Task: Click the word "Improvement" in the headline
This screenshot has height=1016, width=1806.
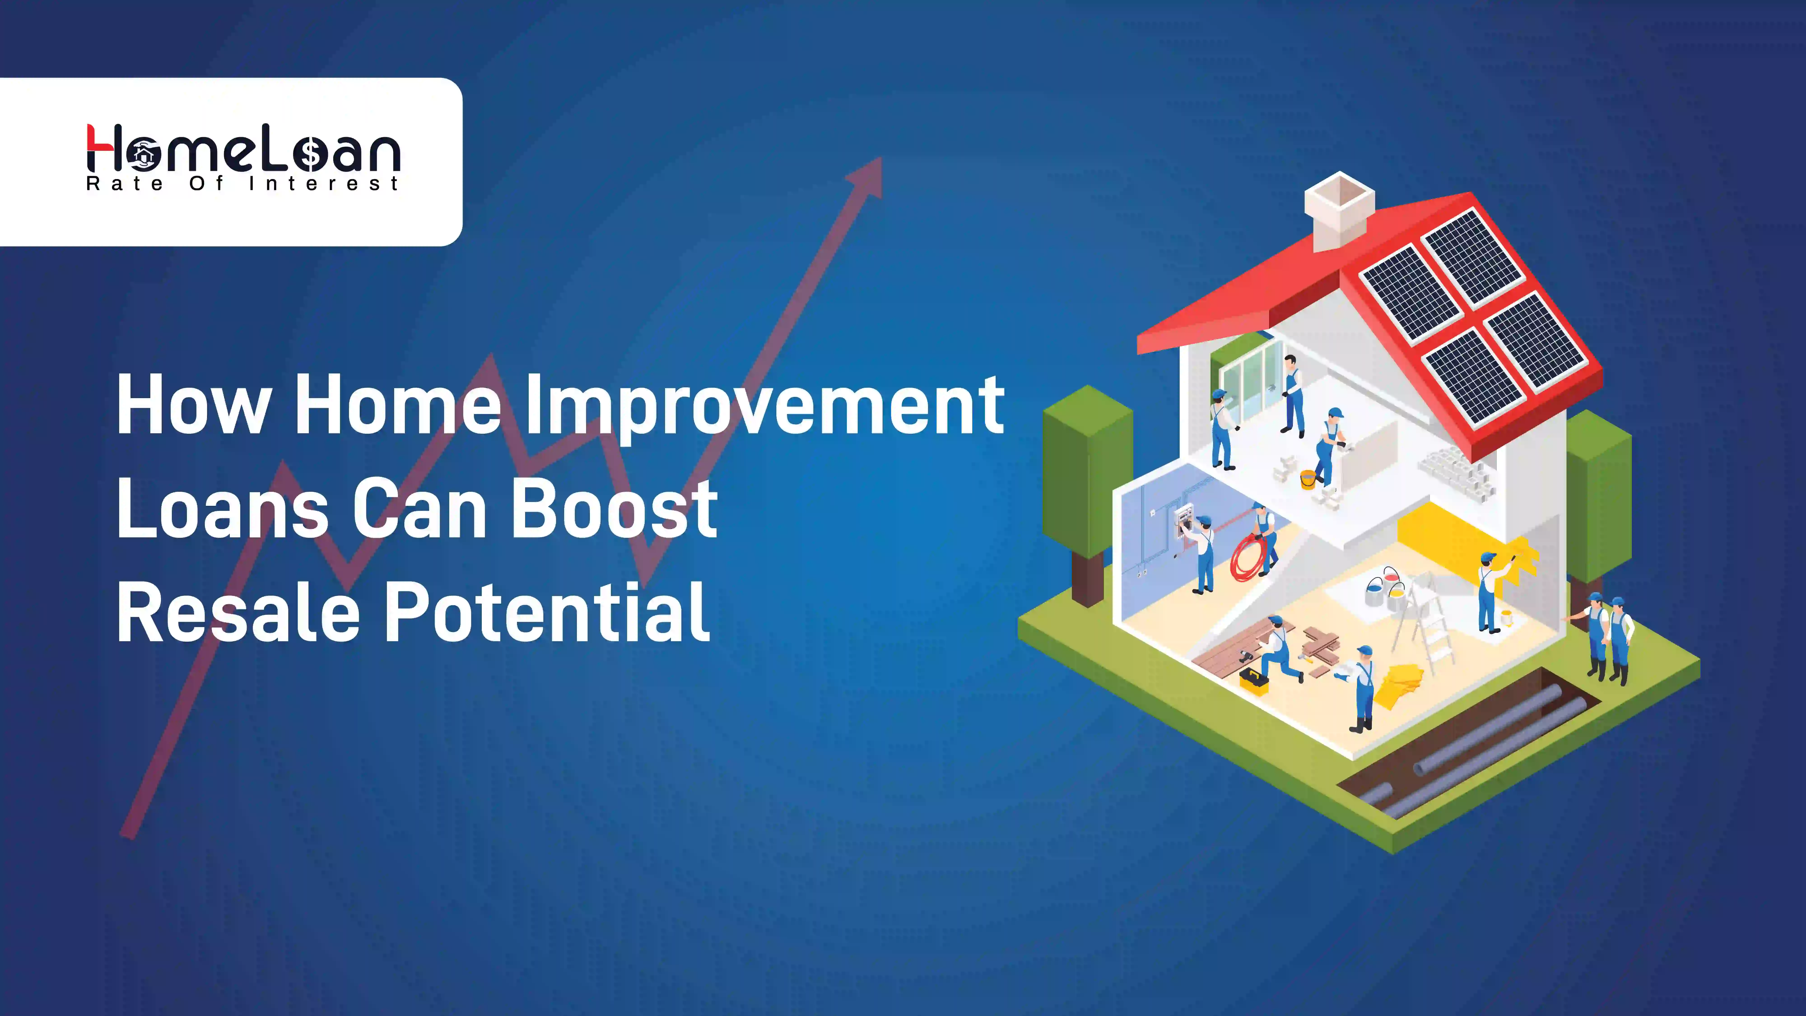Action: point(764,407)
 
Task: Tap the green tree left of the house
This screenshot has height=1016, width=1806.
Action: point(1087,484)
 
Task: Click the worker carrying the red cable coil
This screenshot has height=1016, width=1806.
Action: point(1266,536)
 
